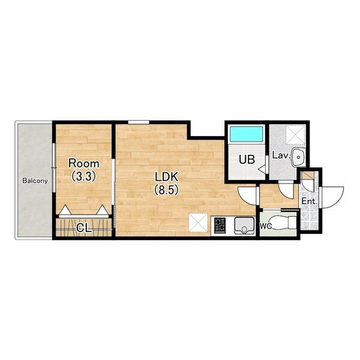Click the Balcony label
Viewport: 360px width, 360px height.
pyautogui.click(x=35, y=181)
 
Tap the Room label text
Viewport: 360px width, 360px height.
pyautogui.click(x=84, y=164)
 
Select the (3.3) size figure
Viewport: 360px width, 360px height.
pyautogui.click(x=84, y=176)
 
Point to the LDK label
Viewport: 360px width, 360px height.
pyautogui.click(x=166, y=177)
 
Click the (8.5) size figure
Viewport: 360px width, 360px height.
pyautogui.click(x=166, y=190)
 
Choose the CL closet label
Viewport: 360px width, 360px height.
pyautogui.click(x=84, y=228)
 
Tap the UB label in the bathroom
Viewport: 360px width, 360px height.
pyautogui.click(x=247, y=160)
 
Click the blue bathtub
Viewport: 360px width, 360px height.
pyautogui.click(x=247, y=135)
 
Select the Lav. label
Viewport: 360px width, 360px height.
pyautogui.click(x=281, y=155)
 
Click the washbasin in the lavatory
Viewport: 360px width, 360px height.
pyautogui.click(x=298, y=157)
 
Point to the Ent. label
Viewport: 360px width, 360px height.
pyautogui.click(x=309, y=202)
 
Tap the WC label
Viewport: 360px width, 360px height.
pyautogui.click(x=266, y=226)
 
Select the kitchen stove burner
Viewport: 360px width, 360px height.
pyautogui.click(x=220, y=224)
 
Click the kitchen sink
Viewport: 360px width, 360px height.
pyautogui.click(x=244, y=226)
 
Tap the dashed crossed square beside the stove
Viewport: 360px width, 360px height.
pyautogui.click(x=198, y=222)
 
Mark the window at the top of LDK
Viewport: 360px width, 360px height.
pyautogui.click(x=139, y=122)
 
